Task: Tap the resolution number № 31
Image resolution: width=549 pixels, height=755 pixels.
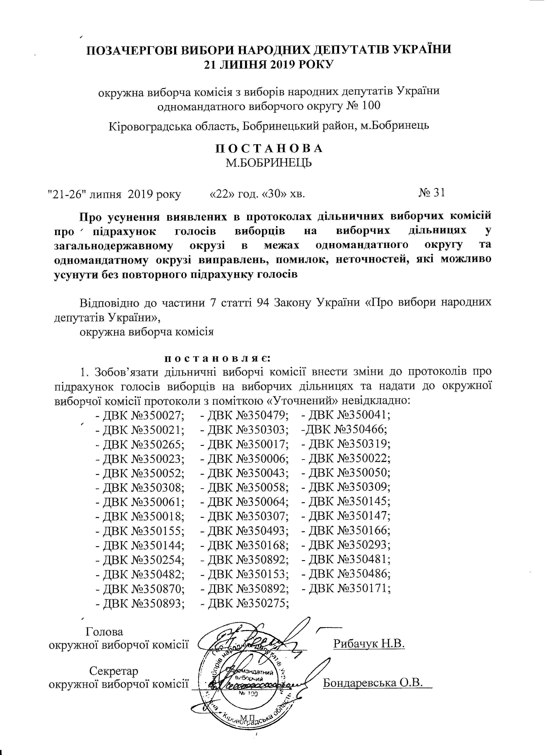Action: click(x=431, y=193)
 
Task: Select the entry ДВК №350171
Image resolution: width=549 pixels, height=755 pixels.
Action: click(x=346, y=589)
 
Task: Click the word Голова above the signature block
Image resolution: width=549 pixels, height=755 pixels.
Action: click(x=104, y=631)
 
